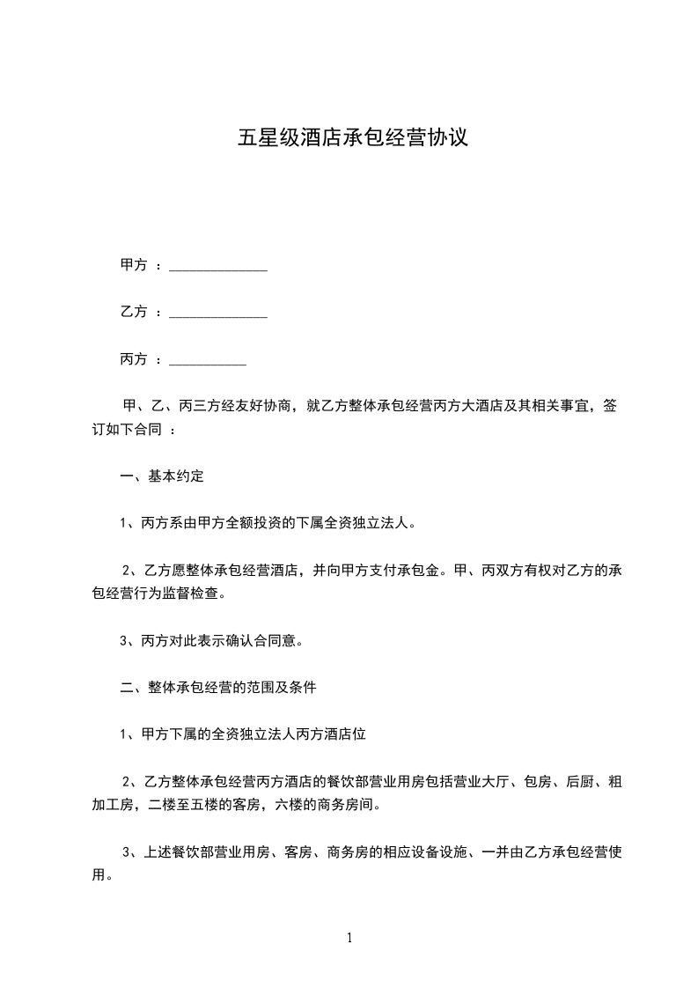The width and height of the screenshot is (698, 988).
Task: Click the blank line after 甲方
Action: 217,268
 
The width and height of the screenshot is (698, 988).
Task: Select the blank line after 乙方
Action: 217,315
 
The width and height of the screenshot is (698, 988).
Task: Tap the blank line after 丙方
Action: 207,363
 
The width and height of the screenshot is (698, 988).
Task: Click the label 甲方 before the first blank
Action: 133,264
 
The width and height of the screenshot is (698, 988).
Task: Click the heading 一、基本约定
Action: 162,476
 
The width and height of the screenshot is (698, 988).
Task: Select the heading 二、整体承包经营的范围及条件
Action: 218,688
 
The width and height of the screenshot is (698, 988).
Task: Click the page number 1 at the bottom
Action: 349,938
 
